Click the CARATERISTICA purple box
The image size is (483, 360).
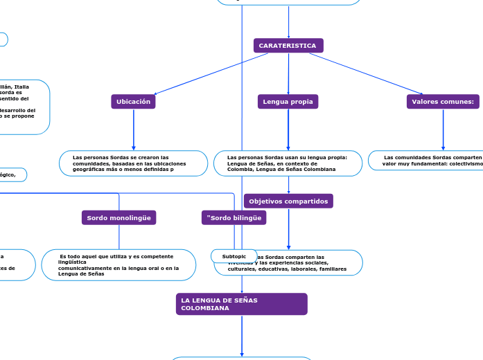pyautogui.click(x=288, y=46)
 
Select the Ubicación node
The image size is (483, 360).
pyautogui.click(x=133, y=102)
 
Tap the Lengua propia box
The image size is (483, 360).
pyautogui.click(x=288, y=102)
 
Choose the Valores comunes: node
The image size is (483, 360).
pyautogui.click(x=443, y=102)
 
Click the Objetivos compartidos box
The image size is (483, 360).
pyautogui.click(x=288, y=201)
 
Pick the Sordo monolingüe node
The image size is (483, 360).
pyautogui.click(x=119, y=217)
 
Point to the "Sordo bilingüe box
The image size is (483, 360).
pyautogui.click(x=234, y=217)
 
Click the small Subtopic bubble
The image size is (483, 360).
pyautogui.click(x=234, y=257)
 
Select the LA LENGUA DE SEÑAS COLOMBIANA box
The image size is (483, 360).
pyautogui.click(x=241, y=304)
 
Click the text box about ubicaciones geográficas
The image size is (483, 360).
pyautogui.click(x=134, y=163)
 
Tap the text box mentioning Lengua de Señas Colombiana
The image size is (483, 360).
pyautogui.click(x=288, y=163)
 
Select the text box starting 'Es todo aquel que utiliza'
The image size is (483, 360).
pyautogui.click(x=118, y=265)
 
